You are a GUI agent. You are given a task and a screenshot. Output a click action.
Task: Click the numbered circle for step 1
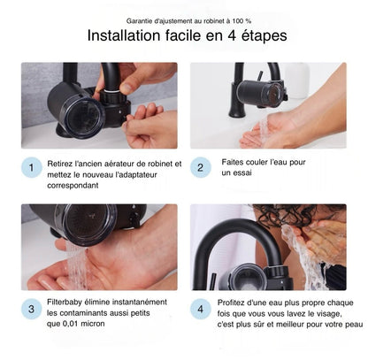click(31, 168)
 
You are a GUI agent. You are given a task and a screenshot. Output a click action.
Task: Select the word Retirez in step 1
click(59, 163)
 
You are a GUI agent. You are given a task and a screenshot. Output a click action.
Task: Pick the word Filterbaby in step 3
click(66, 302)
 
